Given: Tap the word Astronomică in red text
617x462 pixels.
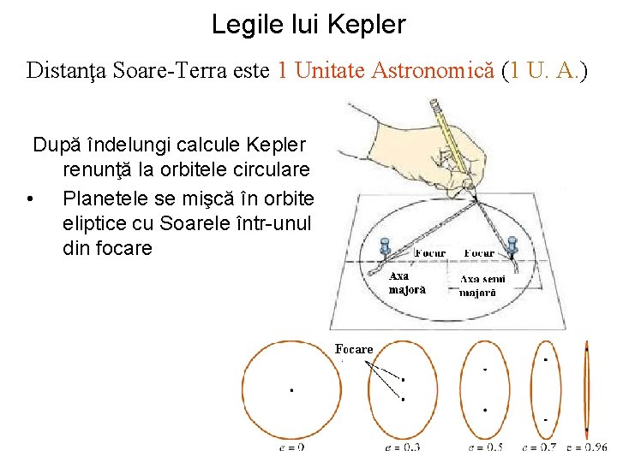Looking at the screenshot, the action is [x=433, y=71].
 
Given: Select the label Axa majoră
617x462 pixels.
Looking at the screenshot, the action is [x=407, y=283].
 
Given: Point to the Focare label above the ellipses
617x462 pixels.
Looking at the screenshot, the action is [x=354, y=349].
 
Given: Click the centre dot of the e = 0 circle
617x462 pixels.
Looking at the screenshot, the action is [x=291, y=390].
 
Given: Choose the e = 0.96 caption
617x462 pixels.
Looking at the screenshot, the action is [x=588, y=447].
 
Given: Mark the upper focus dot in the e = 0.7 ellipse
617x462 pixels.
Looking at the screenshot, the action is [x=546, y=360].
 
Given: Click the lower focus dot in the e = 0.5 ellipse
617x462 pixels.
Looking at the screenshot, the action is [x=485, y=410].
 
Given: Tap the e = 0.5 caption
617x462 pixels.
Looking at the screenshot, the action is [x=485, y=447].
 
